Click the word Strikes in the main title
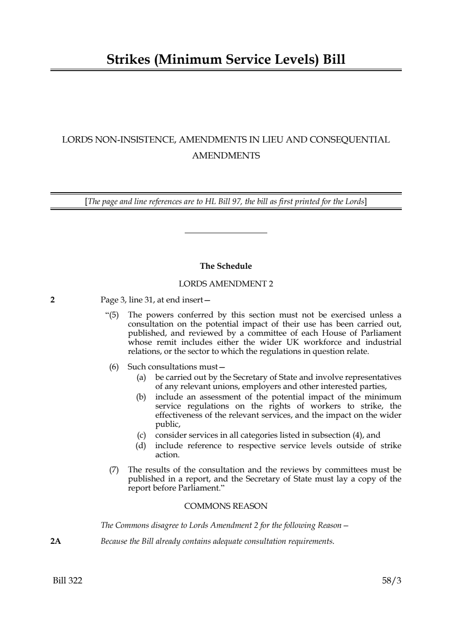click(129, 60)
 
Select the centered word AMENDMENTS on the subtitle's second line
click(226, 156)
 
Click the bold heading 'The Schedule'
click(226, 266)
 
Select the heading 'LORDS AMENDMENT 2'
click(226, 284)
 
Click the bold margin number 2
click(52, 300)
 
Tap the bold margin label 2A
click(56, 542)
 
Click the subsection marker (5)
click(113, 315)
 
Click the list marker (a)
click(141, 378)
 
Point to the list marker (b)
click(141, 397)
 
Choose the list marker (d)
click(141, 445)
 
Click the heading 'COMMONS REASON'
click(226, 506)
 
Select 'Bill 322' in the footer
click(68, 581)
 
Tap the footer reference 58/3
click(391, 581)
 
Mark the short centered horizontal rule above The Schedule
click(226, 233)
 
